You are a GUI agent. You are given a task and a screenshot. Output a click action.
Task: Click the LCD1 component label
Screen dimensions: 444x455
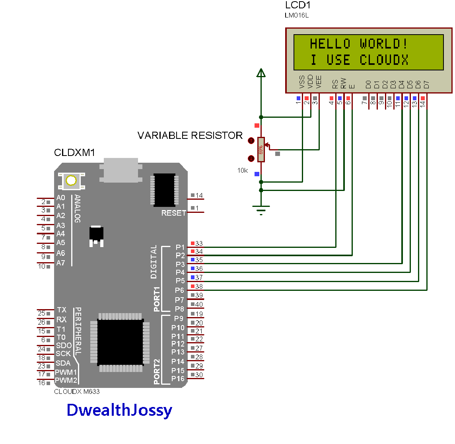(298, 5)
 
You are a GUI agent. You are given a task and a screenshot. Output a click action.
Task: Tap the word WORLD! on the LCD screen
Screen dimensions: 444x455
(383, 43)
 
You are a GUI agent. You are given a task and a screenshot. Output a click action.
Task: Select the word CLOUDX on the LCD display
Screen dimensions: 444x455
(384, 60)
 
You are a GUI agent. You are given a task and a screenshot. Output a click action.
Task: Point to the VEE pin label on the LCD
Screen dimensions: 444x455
(319, 82)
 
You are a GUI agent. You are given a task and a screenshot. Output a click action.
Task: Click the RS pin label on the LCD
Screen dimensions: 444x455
(335, 84)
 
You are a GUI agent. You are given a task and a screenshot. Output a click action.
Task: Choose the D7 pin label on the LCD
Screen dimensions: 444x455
(426, 84)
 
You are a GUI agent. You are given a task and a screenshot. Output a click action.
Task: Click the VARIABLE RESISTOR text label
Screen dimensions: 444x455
(190, 136)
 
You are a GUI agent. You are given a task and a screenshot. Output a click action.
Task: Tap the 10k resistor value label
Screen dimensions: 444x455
(243, 170)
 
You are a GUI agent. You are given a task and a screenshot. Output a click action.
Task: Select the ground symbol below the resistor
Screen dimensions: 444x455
(261, 209)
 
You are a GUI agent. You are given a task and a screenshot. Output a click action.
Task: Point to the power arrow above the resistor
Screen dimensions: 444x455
(261, 73)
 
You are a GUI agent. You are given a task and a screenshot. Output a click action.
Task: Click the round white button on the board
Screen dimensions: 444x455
(71, 181)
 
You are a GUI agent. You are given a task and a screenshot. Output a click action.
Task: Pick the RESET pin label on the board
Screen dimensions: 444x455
(173, 213)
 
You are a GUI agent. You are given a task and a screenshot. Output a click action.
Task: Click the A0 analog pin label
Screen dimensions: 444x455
(60, 198)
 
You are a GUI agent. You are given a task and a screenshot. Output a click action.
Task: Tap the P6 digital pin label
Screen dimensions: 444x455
(180, 290)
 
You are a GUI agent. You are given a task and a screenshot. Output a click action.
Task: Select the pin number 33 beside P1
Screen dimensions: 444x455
(199, 243)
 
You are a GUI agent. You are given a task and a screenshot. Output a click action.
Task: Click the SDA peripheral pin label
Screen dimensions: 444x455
(63, 363)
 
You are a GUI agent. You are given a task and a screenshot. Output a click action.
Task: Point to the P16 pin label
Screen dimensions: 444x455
(178, 379)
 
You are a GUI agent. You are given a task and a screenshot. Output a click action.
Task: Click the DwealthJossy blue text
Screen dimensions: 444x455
(119, 410)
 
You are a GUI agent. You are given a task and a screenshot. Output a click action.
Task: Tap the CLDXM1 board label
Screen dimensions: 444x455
(74, 153)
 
